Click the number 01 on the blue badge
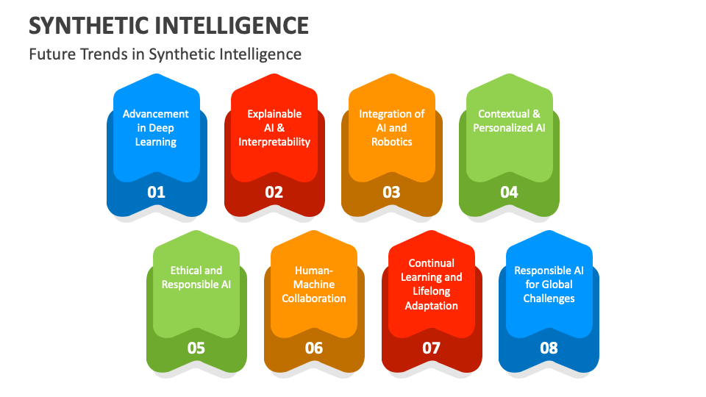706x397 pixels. click(157, 192)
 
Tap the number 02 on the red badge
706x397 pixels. click(274, 192)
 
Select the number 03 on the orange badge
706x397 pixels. click(391, 192)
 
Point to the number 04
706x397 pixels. click(509, 192)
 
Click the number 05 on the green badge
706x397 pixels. click(196, 348)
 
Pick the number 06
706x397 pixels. click(314, 348)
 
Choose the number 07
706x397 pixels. click(432, 348)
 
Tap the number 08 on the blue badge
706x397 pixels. click(549, 348)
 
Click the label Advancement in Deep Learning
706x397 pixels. click(156, 128)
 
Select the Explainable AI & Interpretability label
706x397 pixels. click(274, 128)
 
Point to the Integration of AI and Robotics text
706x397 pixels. click(391, 128)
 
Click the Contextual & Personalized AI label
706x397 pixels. click(509, 121)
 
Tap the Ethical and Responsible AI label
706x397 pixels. click(196, 277)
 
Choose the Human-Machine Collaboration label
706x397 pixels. click(314, 284)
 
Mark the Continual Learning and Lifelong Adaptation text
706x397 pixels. click(432, 284)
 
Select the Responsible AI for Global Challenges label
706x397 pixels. click(549, 284)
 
